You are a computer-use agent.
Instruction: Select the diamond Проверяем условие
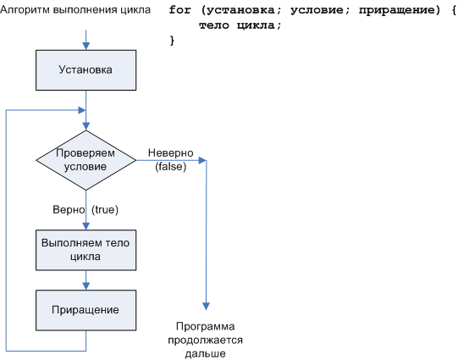[86, 160]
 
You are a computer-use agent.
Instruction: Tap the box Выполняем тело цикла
[86, 249]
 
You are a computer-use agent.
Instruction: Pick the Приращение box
[86, 309]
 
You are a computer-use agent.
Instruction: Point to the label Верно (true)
[86, 208]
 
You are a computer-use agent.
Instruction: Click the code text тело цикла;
[240, 25]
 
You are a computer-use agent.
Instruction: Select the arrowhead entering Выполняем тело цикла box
[86, 224]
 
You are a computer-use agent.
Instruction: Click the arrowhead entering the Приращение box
[86, 285]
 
